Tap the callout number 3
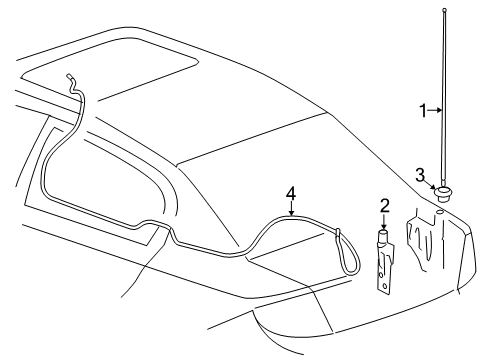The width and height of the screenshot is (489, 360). point(421,174)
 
